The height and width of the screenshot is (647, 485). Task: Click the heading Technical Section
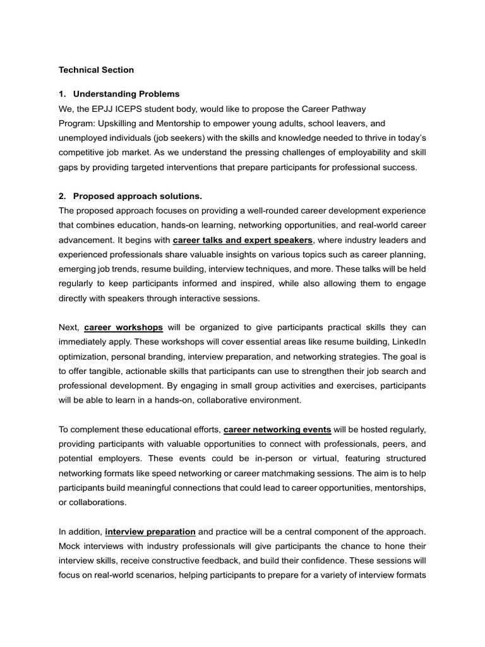click(96, 70)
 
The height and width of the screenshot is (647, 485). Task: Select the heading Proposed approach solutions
click(138, 196)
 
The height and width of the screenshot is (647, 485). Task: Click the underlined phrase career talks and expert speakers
click(242, 240)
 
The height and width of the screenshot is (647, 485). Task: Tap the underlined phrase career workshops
click(123, 327)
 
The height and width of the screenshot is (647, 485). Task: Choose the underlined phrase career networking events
click(277, 429)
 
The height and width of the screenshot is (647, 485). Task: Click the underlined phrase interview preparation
click(150, 531)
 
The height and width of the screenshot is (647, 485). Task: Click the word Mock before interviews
click(71, 546)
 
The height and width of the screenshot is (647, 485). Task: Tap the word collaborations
click(98, 502)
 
